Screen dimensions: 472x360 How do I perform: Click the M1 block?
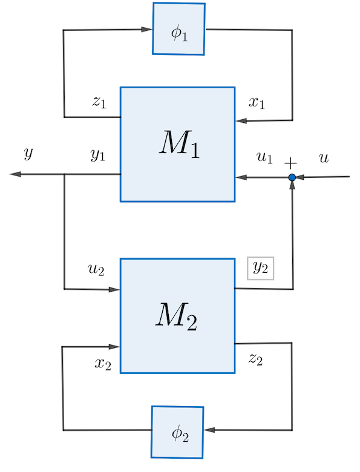[x=177, y=144]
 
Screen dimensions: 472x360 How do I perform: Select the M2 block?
[x=177, y=315]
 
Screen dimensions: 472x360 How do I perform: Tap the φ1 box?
[x=179, y=28]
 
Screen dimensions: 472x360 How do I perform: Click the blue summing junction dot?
[x=292, y=177]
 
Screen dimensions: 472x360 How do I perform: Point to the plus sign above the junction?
[x=291, y=163]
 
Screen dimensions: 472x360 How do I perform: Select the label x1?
[x=257, y=102]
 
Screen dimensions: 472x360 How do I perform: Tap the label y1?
[x=98, y=155]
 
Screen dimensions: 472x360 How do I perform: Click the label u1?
[x=264, y=158]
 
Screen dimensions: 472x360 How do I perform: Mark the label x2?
[x=103, y=362]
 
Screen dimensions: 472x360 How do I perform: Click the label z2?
[x=255, y=359]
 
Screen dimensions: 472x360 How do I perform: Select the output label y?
[x=28, y=153]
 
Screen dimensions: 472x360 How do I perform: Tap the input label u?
[x=325, y=158]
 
